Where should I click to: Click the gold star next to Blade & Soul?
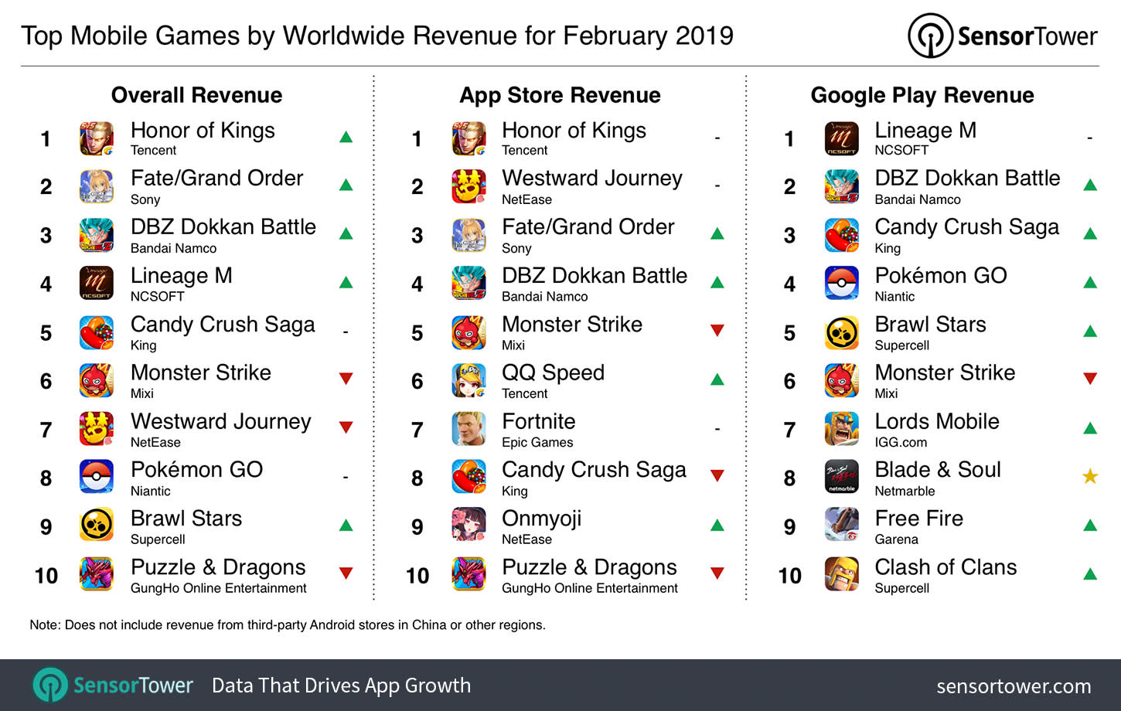tap(1090, 476)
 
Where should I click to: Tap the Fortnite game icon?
tap(469, 429)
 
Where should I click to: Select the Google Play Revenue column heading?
tap(922, 95)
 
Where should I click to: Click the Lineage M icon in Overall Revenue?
tap(97, 284)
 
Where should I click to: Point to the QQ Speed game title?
tap(553, 373)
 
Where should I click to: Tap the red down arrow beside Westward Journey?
tap(346, 427)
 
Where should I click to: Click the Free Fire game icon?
tap(841, 526)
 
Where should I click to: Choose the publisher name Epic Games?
tap(537, 442)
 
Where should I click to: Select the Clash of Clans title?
tap(945, 567)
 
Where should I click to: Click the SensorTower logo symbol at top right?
tap(929, 36)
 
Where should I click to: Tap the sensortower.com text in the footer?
tap(1014, 685)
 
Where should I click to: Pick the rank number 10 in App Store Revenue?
tap(417, 576)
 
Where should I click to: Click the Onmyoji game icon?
tap(469, 526)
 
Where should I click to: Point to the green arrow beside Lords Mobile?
tap(1090, 427)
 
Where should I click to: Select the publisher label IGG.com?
tap(900, 442)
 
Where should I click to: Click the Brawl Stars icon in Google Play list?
tap(841, 332)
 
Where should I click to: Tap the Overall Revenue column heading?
tap(196, 95)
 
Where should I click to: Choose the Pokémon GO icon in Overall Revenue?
tap(97, 477)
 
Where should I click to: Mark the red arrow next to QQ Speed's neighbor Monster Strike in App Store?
tap(717, 331)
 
